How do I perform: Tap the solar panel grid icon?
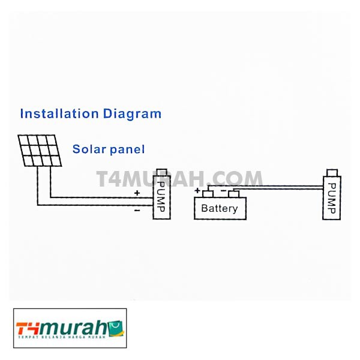click(40, 151)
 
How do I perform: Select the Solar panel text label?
click(109, 149)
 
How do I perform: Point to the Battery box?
click(219, 208)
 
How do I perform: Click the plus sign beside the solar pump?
click(137, 193)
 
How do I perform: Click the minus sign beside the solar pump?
click(137, 210)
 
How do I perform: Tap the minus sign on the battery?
click(223, 190)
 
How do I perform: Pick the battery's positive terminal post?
click(208, 194)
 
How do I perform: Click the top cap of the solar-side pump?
click(161, 172)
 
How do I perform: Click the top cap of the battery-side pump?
click(331, 172)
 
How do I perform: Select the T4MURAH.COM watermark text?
click(179, 179)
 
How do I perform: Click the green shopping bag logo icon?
click(116, 327)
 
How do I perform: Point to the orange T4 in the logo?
click(28, 329)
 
